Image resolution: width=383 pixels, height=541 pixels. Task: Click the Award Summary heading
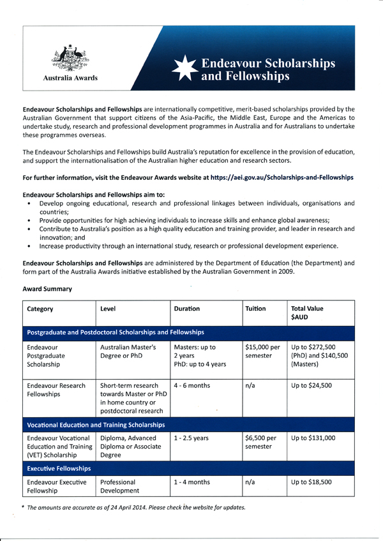coord(47,289)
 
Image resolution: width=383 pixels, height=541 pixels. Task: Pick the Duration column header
coord(187,309)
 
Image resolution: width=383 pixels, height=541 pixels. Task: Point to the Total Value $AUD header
coord(307,313)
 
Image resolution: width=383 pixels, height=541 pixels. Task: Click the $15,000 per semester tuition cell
coord(262,352)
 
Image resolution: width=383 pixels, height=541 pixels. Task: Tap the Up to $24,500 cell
coord(312,385)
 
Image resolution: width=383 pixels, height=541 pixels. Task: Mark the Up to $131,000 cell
coord(313,439)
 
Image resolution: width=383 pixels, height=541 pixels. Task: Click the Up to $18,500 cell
coord(312,482)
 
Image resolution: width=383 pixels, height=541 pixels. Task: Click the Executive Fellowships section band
coord(59,468)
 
